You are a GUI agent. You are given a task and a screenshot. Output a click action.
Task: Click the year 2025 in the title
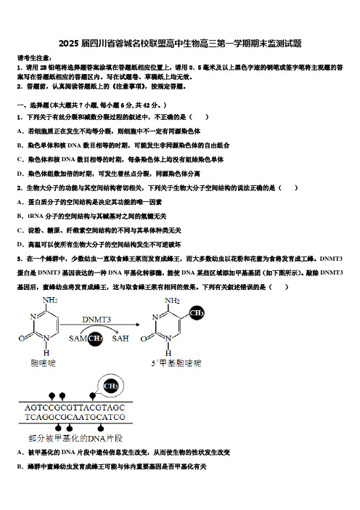(68, 44)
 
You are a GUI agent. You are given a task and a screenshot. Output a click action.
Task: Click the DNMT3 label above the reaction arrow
(97, 320)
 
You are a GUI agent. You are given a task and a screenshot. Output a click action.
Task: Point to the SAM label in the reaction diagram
(78, 339)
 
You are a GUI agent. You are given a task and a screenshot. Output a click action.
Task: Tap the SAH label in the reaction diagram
(120, 339)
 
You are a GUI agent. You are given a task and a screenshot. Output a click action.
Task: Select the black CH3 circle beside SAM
(95, 339)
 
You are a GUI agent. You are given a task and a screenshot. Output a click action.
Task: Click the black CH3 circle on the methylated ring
(197, 313)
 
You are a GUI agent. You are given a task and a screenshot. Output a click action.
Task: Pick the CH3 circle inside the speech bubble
(110, 386)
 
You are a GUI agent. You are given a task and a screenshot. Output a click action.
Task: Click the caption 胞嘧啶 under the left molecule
(43, 363)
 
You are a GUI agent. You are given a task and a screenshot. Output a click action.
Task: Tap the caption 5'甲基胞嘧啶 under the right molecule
(176, 363)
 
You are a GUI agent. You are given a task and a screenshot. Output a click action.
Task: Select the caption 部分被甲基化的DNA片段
(75, 439)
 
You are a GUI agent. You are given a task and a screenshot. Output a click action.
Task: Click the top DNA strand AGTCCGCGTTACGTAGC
(75, 408)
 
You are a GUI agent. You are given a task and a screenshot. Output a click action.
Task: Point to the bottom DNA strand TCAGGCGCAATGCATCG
(75, 417)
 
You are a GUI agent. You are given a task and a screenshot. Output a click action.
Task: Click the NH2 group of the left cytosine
(50, 300)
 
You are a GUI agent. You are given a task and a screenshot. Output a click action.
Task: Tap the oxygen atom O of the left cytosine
(22, 339)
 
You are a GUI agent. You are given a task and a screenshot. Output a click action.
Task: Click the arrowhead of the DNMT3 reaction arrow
(138, 324)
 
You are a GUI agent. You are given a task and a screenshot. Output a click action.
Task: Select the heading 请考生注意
(33, 58)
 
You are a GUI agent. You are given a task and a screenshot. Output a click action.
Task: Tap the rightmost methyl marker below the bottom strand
(101, 427)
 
